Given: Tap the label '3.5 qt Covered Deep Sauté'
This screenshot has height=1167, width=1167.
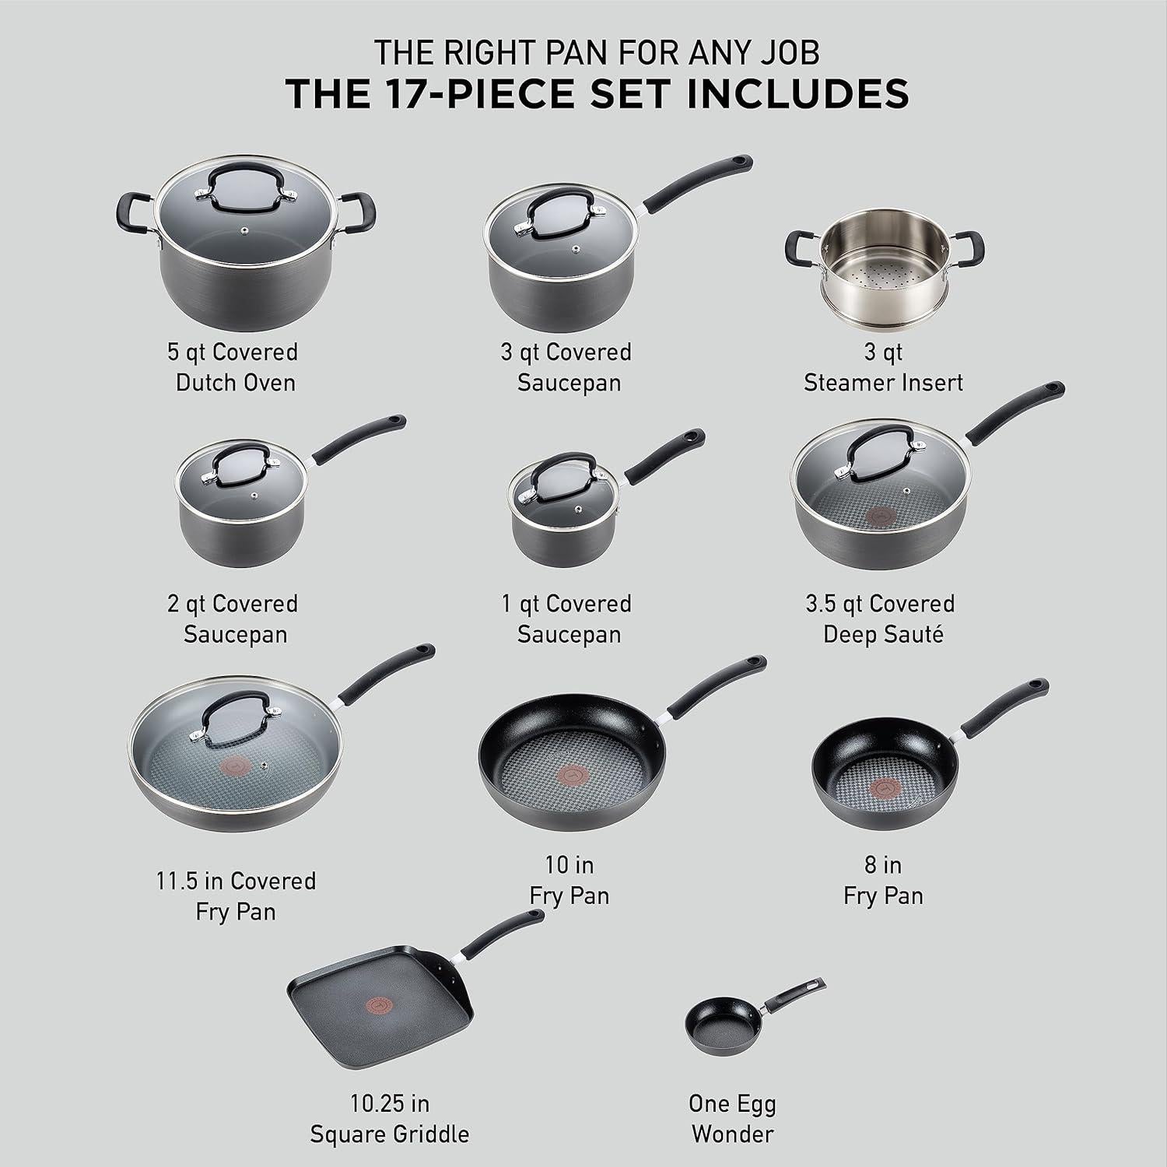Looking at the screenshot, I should (x=882, y=619).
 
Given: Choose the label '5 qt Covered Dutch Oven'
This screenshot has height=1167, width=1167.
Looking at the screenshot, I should (x=234, y=366).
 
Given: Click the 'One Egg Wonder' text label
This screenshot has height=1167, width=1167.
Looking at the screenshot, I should (x=732, y=1119).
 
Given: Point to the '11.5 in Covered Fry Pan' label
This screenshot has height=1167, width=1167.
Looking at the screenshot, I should (x=236, y=895).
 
